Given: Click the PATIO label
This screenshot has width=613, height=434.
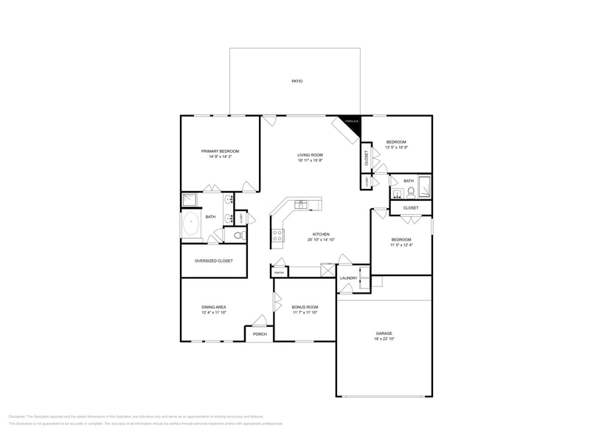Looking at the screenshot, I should point(296,81).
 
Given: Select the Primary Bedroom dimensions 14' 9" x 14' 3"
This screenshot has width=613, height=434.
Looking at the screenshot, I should point(220,156).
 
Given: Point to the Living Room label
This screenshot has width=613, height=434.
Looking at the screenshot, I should point(311,154).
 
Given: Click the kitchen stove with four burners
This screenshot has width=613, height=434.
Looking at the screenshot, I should point(279,235).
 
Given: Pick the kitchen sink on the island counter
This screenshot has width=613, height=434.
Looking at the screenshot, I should point(301,204).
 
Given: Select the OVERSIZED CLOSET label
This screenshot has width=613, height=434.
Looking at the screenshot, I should point(213,261).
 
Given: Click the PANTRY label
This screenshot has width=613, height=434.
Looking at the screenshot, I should point(279,272).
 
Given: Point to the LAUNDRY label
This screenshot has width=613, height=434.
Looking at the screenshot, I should point(348,278).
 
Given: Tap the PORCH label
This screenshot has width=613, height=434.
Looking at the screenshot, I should point(259,334).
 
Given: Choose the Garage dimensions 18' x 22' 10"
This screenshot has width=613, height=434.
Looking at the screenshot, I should point(384,339).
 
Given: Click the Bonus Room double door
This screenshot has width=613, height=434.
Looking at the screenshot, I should point(277,303).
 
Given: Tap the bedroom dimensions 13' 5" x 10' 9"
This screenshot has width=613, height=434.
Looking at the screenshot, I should point(396,147).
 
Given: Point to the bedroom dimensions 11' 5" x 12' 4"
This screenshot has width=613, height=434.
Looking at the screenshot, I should point(401,244).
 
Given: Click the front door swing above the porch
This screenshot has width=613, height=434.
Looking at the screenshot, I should point(259,320).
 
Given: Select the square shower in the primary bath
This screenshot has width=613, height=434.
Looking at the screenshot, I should point(190,199).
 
